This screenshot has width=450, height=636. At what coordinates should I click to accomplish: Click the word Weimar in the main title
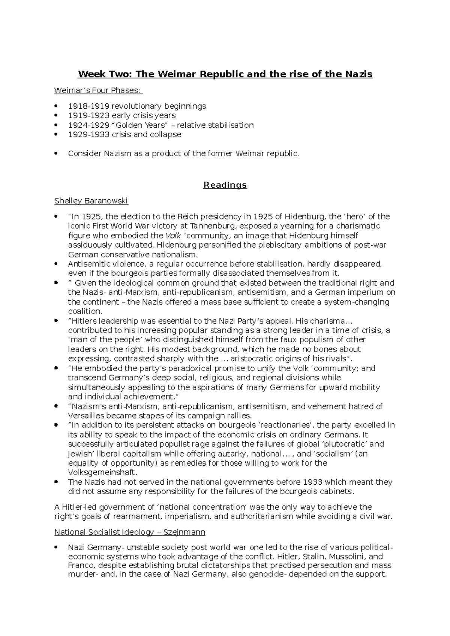176,74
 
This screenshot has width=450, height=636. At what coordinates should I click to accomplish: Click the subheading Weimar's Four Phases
98,91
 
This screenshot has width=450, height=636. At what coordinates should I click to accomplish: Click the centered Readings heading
225,185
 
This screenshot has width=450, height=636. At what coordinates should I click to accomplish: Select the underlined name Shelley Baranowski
91,201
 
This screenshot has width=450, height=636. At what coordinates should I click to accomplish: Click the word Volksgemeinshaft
102,472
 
